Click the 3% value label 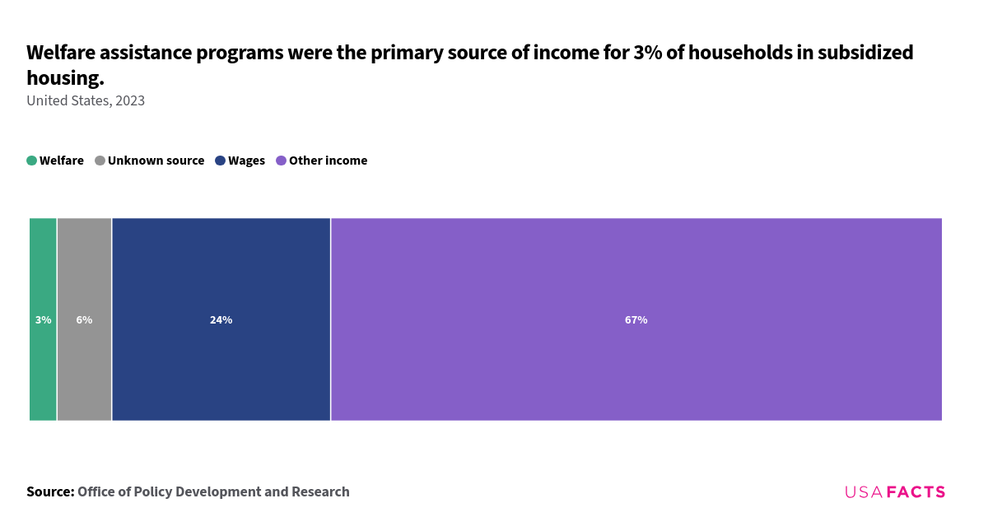pyautogui.click(x=44, y=320)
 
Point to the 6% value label pyautogui.click(x=84, y=320)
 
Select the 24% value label pyautogui.click(x=221, y=320)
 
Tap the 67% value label pyautogui.click(x=636, y=320)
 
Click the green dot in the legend pyautogui.click(x=32, y=161)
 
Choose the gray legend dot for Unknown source pyautogui.click(x=100, y=161)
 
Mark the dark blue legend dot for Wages pyautogui.click(x=221, y=161)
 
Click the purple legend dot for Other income pyautogui.click(x=282, y=161)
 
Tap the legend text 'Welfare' pyautogui.click(x=62, y=161)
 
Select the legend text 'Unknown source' pyautogui.click(x=156, y=161)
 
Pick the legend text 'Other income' pyautogui.click(x=328, y=161)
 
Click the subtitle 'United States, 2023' pyautogui.click(x=86, y=100)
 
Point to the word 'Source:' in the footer pyautogui.click(x=50, y=491)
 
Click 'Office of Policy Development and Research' pyautogui.click(x=213, y=491)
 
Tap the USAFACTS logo pyautogui.click(x=895, y=491)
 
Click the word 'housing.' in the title pyautogui.click(x=65, y=78)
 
